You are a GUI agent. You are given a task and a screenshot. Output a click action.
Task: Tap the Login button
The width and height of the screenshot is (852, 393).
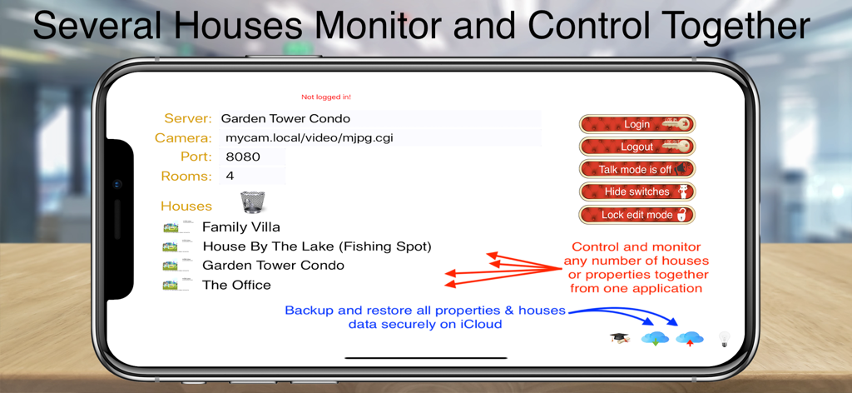[637, 124]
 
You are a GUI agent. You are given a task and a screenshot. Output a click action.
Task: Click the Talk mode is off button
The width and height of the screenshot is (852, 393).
[637, 169]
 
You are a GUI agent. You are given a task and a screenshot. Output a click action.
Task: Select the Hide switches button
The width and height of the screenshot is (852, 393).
[637, 192]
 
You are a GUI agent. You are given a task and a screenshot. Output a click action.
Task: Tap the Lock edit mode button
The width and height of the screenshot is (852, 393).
[637, 215]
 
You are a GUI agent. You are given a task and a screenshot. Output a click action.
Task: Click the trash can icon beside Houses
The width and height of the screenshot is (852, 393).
[253, 202]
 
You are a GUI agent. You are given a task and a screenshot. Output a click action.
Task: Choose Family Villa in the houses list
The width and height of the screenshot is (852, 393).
[240, 226]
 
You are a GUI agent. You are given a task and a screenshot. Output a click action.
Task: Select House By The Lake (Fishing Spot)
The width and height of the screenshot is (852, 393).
[316, 246]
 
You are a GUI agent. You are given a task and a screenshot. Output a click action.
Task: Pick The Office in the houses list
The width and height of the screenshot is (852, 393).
[236, 285]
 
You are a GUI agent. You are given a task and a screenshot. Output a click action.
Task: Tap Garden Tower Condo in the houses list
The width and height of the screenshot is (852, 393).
[273, 266]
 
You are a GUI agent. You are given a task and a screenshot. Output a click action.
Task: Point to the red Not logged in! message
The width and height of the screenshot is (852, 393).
[326, 97]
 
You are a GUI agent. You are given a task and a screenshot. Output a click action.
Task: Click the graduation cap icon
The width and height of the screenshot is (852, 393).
[620, 338]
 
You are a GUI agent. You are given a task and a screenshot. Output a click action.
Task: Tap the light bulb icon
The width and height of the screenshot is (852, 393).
[724, 339]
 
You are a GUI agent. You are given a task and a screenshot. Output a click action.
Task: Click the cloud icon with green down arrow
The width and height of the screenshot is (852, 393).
[655, 339]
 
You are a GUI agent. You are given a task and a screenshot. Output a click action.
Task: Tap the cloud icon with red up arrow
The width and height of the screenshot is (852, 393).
[690, 339]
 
